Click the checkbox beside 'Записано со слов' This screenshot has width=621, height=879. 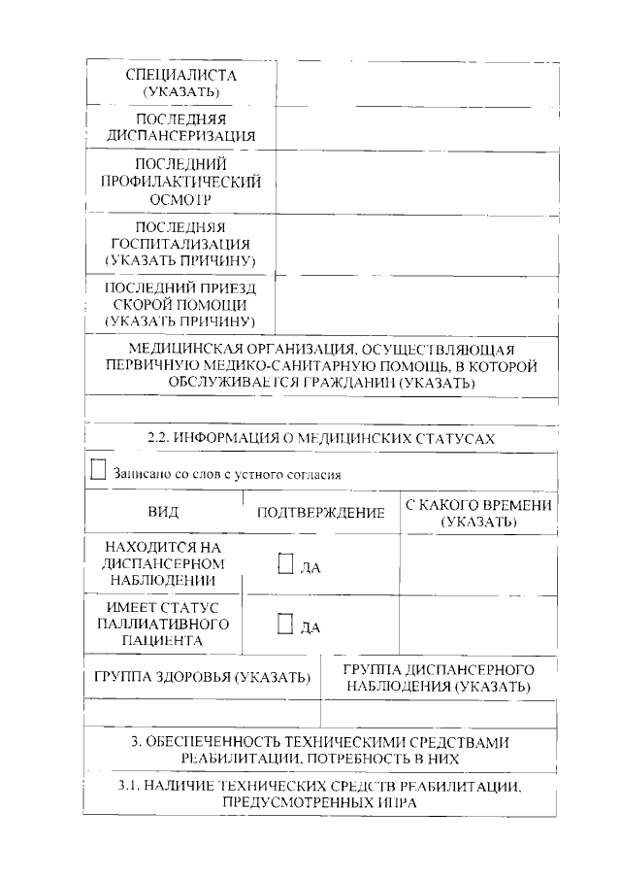point(97,472)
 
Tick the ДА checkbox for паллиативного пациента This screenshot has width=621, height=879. point(285,625)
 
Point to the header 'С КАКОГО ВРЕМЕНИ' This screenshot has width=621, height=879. point(478,505)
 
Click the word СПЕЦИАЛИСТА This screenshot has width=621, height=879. point(182,75)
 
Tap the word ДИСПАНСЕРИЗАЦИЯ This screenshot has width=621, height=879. point(182,136)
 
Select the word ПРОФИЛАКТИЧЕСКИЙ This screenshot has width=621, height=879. point(182,181)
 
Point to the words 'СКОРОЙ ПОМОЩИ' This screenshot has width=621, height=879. point(182,304)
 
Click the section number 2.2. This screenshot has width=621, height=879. point(157,438)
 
